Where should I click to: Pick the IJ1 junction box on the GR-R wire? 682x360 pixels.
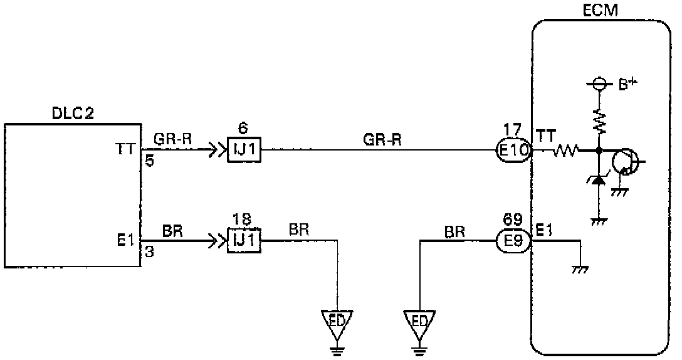click(244, 151)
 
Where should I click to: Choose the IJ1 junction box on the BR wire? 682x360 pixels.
click(244, 241)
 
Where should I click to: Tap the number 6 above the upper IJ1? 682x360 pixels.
click(243, 129)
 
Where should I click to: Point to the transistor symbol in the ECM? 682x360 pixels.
click(624, 161)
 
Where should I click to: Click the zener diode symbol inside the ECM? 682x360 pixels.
click(599, 181)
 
